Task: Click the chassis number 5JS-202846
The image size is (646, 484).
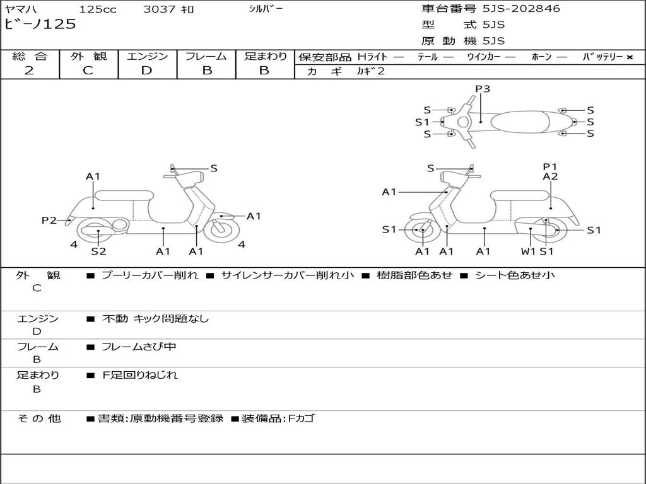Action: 521,9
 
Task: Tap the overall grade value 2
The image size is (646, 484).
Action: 29,71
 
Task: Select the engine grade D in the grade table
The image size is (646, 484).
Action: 146,71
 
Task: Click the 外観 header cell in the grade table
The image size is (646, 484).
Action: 88,56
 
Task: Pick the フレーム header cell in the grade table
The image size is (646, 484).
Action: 206,56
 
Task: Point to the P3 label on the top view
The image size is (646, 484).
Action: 483,88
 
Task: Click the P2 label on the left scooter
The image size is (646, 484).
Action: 49,220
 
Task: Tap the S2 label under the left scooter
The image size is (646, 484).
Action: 98,251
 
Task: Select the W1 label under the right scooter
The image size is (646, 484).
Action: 528,251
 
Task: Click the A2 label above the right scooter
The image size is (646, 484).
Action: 550,176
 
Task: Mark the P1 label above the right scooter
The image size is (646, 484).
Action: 549,166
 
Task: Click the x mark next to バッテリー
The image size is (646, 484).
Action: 630,57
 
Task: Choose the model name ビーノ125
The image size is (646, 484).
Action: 40,24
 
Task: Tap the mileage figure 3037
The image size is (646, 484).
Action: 159,9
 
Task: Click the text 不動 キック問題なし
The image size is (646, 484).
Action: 155,318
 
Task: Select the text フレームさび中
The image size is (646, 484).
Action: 139,347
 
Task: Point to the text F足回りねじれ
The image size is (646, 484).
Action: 139,375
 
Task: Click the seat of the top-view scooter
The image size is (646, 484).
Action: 520,122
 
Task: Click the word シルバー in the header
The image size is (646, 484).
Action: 266,9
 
